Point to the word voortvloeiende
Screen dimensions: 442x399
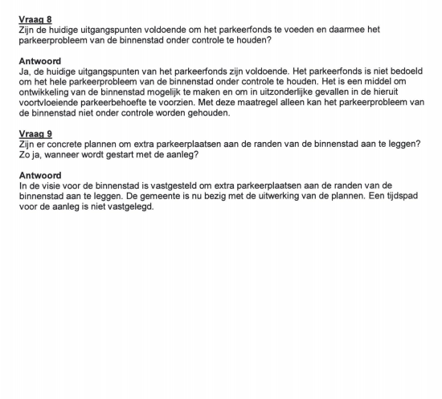click(x=52, y=103)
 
